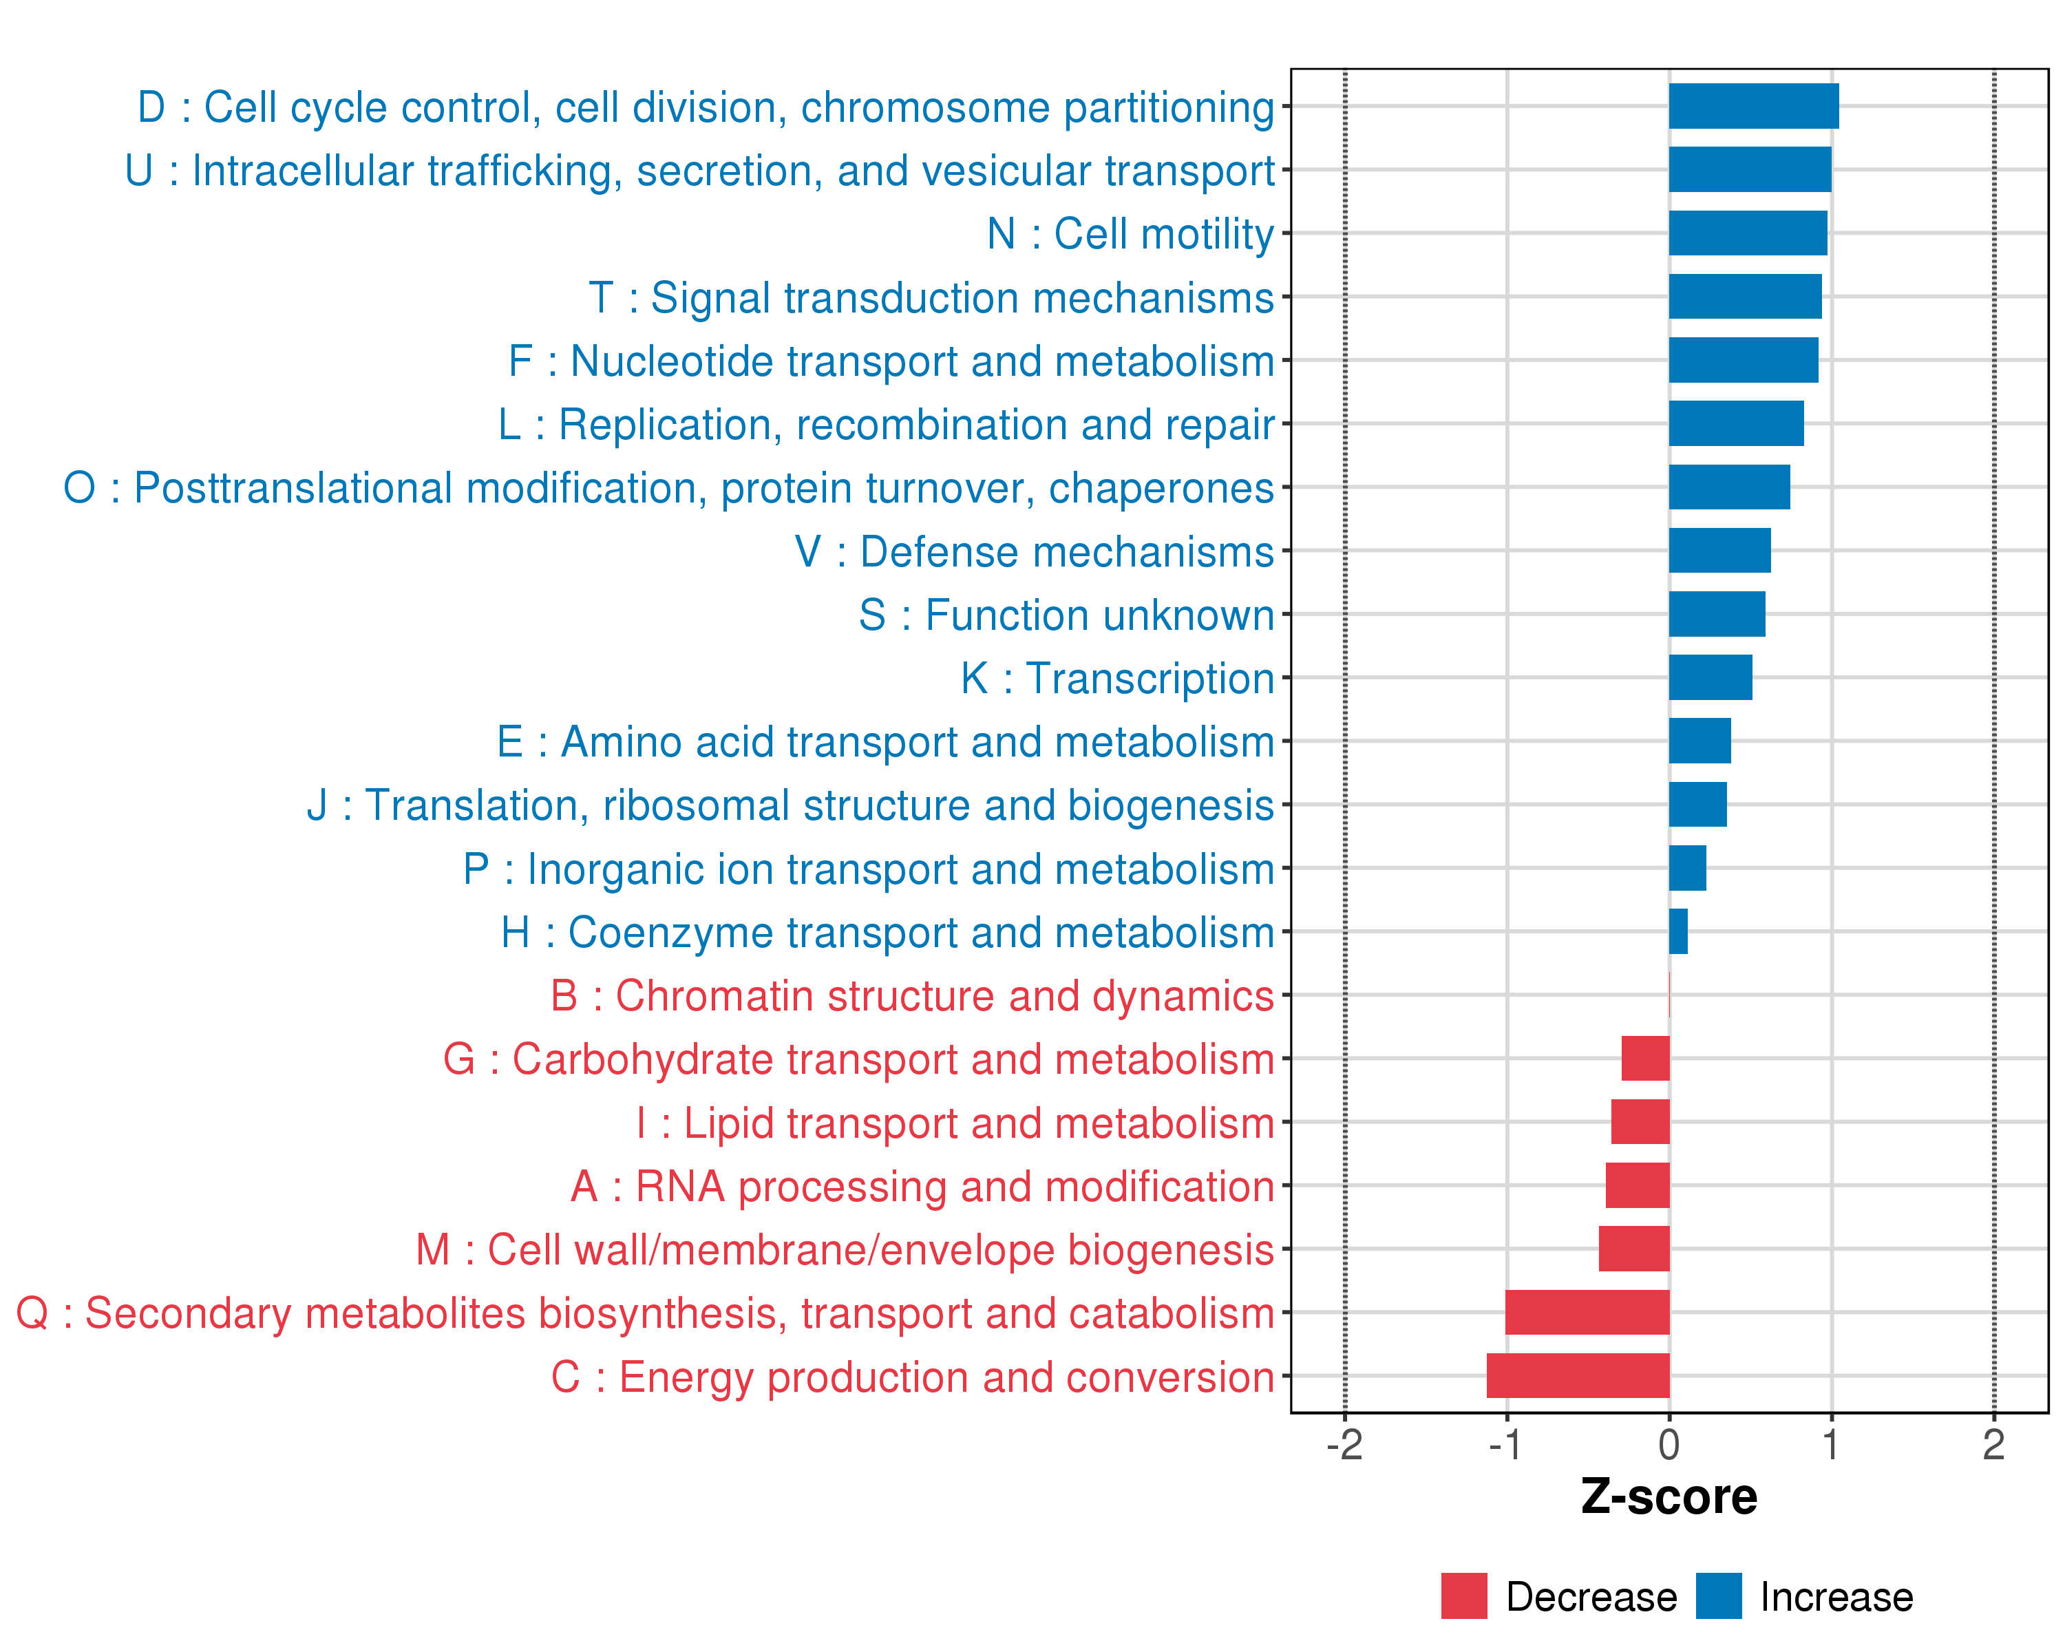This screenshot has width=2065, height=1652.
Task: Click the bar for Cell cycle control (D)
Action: click(x=1752, y=106)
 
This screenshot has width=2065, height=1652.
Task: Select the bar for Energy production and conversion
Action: click(x=1578, y=1375)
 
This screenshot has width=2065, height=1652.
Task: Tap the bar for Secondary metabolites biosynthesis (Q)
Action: click(x=1587, y=1312)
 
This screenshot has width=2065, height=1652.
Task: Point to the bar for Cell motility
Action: click(x=1747, y=233)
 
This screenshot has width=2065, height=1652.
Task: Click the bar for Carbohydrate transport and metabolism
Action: click(x=1646, y=1058)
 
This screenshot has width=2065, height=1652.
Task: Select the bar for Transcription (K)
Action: click(x=1710, y=677)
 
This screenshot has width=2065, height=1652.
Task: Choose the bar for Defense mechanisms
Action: click(x=1719, y=551)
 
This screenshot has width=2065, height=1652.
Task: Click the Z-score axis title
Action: click(x=1669, y=1498)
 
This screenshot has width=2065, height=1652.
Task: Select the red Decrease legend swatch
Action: click(x=1463, y=1596)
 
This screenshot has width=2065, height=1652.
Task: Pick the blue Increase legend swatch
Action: click(x=1718, y=1596)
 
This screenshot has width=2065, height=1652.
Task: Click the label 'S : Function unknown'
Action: click(x=1066, y=615)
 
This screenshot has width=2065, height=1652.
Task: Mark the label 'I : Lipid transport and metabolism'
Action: click(x=955, y=1123)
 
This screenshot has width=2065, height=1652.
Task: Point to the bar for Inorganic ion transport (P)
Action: click(x=1686, y=868)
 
